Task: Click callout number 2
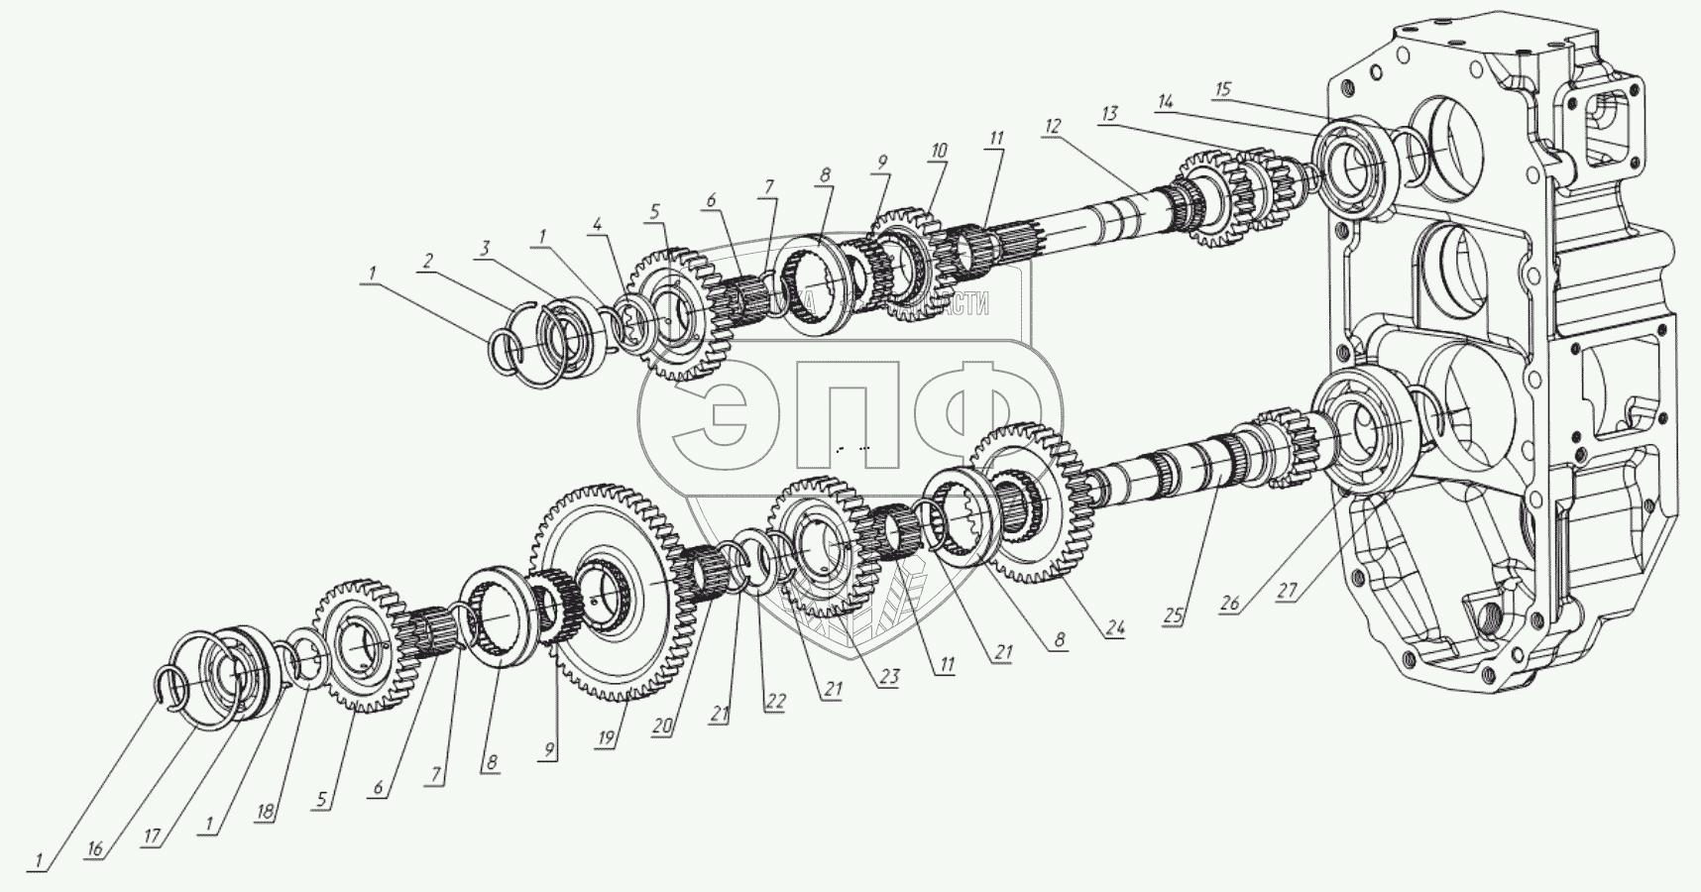pos(426,262)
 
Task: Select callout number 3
pos(486,249)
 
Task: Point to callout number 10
pos(938,151)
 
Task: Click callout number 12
pos(1052,126)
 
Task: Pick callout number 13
pos(1107,113)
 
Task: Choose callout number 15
pos(1222,90)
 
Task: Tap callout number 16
pos(95,850)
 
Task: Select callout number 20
pos(662,725)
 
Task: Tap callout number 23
pos(888,679)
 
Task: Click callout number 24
pos(1115,627)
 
